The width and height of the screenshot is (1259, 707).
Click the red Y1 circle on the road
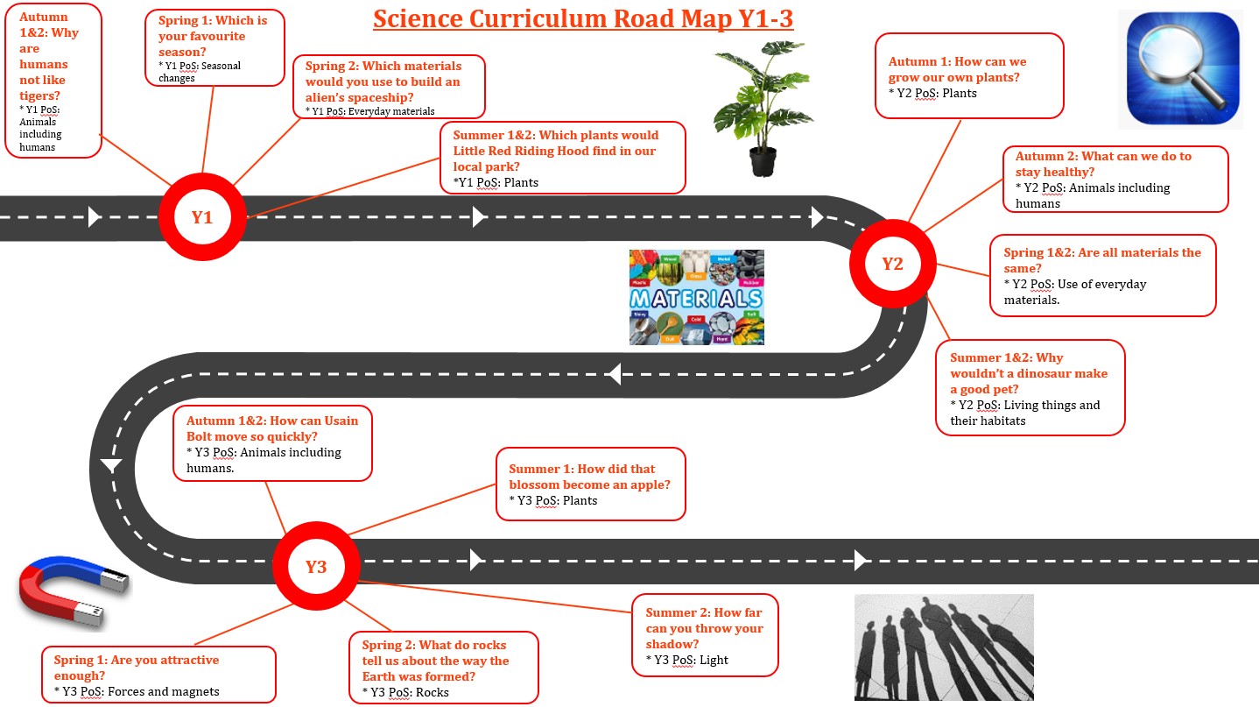(202, 217)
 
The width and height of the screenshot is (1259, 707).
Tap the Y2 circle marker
(892, 263)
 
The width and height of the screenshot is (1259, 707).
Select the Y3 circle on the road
(315, 566)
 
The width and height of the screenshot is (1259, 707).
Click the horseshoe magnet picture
(74, 595)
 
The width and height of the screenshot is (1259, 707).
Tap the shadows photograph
(943, 647)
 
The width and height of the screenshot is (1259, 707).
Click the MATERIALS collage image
(696, 298)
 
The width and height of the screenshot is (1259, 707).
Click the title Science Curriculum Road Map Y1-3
(583, 19)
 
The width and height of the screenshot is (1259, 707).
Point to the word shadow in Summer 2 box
(671, 644)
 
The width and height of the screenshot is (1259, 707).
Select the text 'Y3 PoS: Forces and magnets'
(141, 691)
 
